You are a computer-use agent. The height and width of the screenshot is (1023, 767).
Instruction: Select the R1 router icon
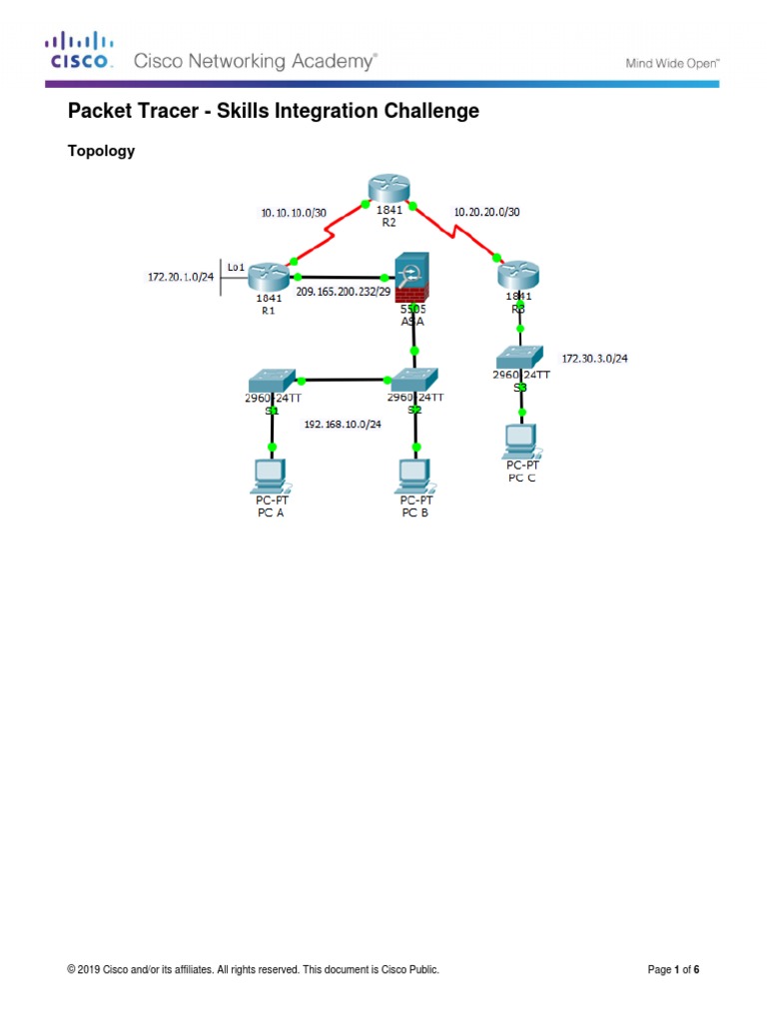pos(269,275)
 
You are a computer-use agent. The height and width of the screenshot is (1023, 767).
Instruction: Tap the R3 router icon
pos(519,274)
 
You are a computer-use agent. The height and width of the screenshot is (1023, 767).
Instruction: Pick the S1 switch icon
pos(271,379)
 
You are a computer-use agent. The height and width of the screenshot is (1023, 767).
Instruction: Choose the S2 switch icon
pos(414,379)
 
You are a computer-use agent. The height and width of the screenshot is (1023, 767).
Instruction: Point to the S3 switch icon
pos(520,357)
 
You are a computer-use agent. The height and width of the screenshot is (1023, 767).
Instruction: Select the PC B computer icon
pos(414,475)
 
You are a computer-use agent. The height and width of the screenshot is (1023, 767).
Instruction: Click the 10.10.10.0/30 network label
pos(293,213)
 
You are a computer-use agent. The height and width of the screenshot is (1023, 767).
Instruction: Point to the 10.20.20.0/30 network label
pos(486,212)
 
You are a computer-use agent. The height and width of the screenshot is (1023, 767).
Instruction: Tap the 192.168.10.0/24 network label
pos(343,424)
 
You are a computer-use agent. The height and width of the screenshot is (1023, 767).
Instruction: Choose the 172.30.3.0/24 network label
pos(594,358)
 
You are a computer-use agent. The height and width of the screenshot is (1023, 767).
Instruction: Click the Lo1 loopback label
pos(236,267)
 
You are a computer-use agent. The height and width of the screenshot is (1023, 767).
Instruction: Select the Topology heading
pos(101,152)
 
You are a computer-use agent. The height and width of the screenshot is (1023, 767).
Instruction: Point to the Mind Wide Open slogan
pos(672,63)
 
